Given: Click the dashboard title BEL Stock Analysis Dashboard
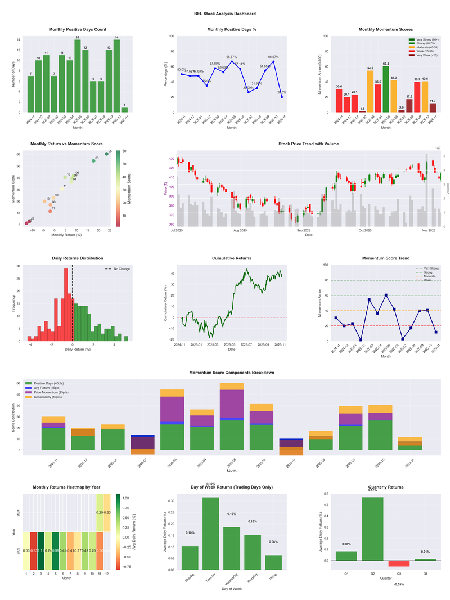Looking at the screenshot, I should click(225, 14).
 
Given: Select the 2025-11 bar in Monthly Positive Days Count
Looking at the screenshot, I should click(124, 109).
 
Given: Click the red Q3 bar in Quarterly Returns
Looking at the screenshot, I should click(399, 563).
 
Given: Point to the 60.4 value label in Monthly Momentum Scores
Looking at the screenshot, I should click(386, 64).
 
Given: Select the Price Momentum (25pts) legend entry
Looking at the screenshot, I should click(53, 393).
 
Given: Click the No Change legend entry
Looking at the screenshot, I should click(121, 269).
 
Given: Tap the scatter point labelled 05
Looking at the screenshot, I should click(107, 154).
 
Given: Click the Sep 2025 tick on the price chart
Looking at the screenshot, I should click(303, 230).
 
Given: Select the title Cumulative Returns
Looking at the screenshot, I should click(232, 258).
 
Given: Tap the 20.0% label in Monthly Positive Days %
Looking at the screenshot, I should click(282, 92).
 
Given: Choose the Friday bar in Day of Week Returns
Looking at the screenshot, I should click(273, 562).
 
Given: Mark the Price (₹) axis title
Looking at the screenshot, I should click(166, 191).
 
